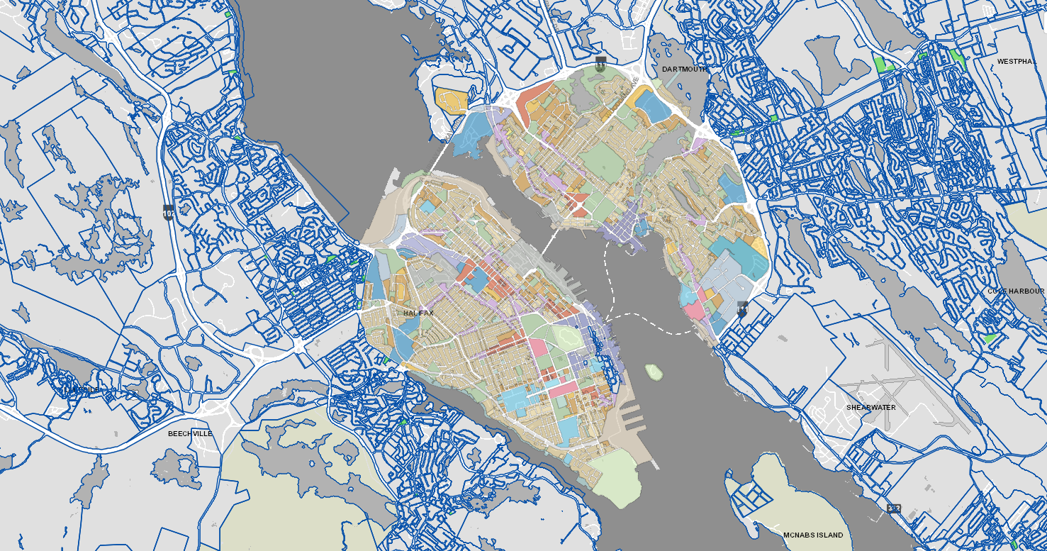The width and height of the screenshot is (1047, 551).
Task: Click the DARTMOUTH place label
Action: (x=684, y=69)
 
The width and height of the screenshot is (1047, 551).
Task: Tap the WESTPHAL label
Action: (x=1017, y=62)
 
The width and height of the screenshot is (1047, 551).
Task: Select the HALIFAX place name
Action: (x=418, y=313)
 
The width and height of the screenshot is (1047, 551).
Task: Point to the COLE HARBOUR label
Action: (x=1016, y=291)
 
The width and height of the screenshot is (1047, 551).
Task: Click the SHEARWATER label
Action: (x=870, y=408)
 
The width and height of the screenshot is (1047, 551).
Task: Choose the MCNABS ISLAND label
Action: (x=813, y=535)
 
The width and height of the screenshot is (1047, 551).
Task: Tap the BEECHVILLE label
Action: (x=190, y=433)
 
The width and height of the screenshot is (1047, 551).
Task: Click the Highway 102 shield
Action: (x=168, y=213)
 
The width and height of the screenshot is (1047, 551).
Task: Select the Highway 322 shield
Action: (x=893, y=509)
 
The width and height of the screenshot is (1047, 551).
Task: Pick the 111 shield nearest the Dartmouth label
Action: (x=600, y=65)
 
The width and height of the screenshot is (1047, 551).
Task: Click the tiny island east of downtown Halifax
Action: (x=654, y=371)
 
